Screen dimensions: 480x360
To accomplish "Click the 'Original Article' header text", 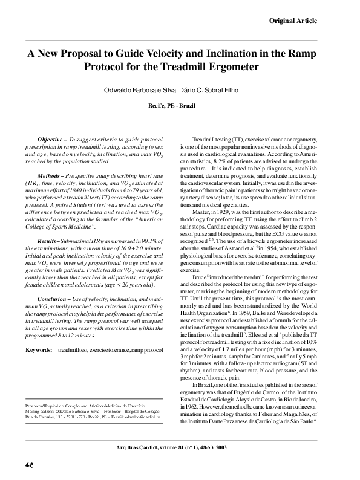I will coord(292,21).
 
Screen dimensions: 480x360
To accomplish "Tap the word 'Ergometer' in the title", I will coord(232,66).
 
